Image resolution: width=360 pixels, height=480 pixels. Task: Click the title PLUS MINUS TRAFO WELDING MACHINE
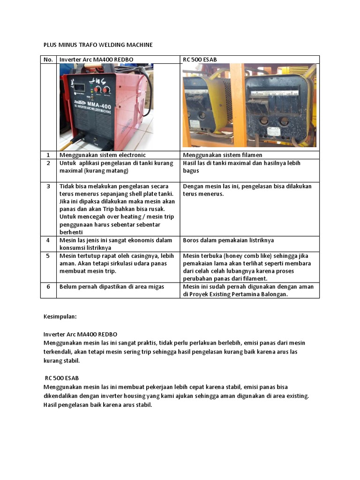pyautogui.click(x=98, y=45)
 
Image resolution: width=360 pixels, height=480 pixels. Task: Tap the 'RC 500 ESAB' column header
pyautogui.click(x=200, y=60)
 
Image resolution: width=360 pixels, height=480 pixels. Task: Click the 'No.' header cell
pyautogui.click(x=48, y=60)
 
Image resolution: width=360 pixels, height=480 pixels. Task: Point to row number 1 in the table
pyautogui.click(x=48, y=155)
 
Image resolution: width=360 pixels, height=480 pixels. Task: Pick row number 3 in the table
pyautogui.click(x=48, y=187)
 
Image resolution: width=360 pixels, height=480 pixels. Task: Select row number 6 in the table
pyautogui.click(x=48, y=286)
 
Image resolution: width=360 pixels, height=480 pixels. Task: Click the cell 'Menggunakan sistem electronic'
pyautogui.click(x=103, y=155)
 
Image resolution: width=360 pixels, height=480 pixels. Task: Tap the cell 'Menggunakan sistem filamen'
pyautogui.click(x=223, y=155)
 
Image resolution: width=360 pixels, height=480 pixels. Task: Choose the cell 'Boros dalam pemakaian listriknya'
pyautogui.click(x=228, y=240)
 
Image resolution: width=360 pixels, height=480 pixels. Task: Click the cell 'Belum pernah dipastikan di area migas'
pyautogui.click(x=112, y=286)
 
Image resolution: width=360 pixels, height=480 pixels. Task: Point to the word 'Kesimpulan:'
pyautogui.click(x=60, y=317)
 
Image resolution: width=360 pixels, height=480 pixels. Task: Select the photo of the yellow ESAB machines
pyautogui.click(x=249, y=105)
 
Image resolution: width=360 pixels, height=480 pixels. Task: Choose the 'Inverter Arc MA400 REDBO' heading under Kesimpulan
pyautogui.click(x=80, y=334)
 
